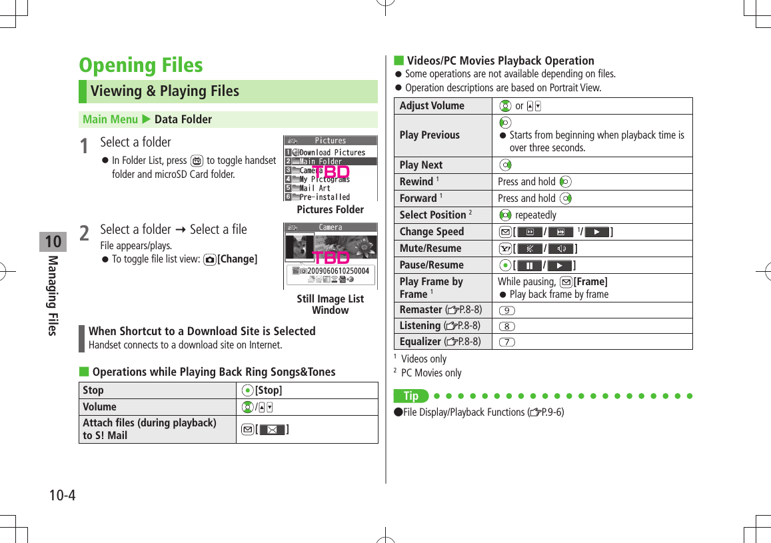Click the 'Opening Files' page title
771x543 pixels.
click(x=141, y=65)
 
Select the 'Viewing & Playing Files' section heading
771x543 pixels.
click(x=165, y=91)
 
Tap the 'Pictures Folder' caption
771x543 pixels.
click(x=330, y=210)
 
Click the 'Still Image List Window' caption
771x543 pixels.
click(x=330, y=304)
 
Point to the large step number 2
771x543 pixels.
click(x=85, y=233)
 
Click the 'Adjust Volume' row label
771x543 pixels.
click(x=432, y=106)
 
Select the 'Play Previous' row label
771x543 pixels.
click(x=430, y=135)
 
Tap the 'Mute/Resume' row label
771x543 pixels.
click(x=430, y=249)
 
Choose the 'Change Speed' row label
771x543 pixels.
click(x=432, y=232)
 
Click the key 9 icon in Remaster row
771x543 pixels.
click(x=506, y=310)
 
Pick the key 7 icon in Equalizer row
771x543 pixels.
click(x=506, y=342)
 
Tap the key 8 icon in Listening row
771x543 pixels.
click(x=506, y=326)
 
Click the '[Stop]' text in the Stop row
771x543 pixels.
click(x=269, y=390)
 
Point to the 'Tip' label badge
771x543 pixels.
click(x=411, y=396)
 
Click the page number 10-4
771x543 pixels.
click(x=62, y=496)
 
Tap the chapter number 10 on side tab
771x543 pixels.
click(x=53, y=241)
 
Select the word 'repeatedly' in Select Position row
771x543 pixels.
click(x=536, y=215)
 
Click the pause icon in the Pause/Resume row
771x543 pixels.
click(x=529, y=265)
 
